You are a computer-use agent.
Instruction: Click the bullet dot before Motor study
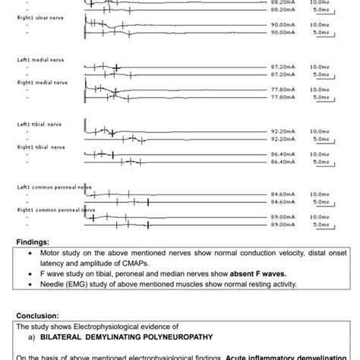tap(29, 252)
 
